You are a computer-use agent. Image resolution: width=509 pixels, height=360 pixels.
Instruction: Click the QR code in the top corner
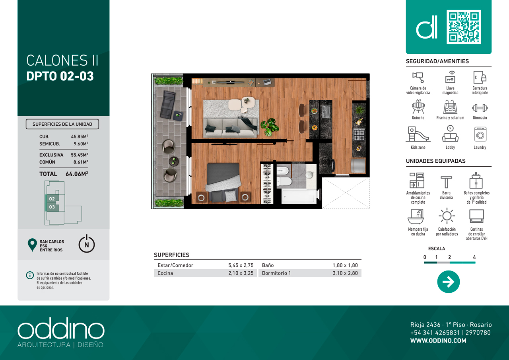(x=464, y=27)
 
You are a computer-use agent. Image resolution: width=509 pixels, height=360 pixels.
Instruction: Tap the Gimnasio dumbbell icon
(x=480, y=108)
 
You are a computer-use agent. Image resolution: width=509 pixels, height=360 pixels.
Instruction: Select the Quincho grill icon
(x=418, y=107)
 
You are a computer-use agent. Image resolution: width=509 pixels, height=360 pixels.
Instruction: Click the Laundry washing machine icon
(x=480, y=134)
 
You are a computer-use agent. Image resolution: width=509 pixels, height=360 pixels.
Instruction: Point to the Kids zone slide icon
(x=418, y=134)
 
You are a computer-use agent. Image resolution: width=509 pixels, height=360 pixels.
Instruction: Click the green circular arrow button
(x=448, y=282)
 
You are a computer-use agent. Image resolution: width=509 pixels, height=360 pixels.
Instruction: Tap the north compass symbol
(x=87, y=244)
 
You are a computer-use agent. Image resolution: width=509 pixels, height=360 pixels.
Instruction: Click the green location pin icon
(x=32, y=245)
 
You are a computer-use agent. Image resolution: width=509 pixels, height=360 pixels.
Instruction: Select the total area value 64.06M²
(x=77, y=174)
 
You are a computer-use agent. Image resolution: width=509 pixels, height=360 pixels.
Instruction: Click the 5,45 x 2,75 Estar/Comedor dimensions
(x=241, y=265)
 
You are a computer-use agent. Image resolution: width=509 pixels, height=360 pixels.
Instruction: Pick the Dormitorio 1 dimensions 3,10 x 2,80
(x=345, y=273)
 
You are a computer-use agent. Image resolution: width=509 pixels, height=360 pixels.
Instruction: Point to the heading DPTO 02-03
(x=60, y=76)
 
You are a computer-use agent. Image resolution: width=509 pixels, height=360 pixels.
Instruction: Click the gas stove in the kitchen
(x=359, y=135)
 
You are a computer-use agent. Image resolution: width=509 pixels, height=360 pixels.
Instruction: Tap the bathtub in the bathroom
(x=299, y=196)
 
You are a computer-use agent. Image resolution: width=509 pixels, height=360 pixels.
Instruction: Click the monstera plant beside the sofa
(x=270, y=127)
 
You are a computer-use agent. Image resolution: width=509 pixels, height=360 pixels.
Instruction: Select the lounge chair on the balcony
(x=168, y=105)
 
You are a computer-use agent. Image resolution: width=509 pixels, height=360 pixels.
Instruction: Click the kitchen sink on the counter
(x=326, y=112)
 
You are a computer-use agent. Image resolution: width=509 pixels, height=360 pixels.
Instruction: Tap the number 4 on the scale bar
(x=474, y=257)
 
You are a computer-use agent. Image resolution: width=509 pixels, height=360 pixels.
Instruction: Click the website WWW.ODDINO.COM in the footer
(x=438, y=341)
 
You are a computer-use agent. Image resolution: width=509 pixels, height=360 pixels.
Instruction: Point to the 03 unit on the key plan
(x=52, y=207)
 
